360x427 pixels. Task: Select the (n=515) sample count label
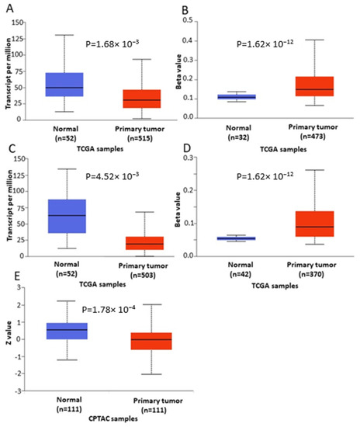click(x=141, y=137)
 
